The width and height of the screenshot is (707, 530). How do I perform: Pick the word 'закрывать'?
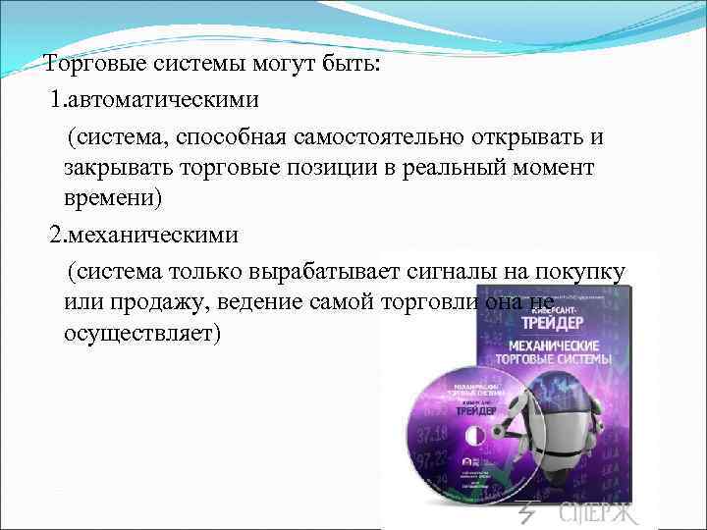tap(110, 167)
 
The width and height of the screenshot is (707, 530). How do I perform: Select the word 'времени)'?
tap(110, 199)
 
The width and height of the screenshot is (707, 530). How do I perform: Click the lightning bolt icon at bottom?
tap(527, 513)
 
